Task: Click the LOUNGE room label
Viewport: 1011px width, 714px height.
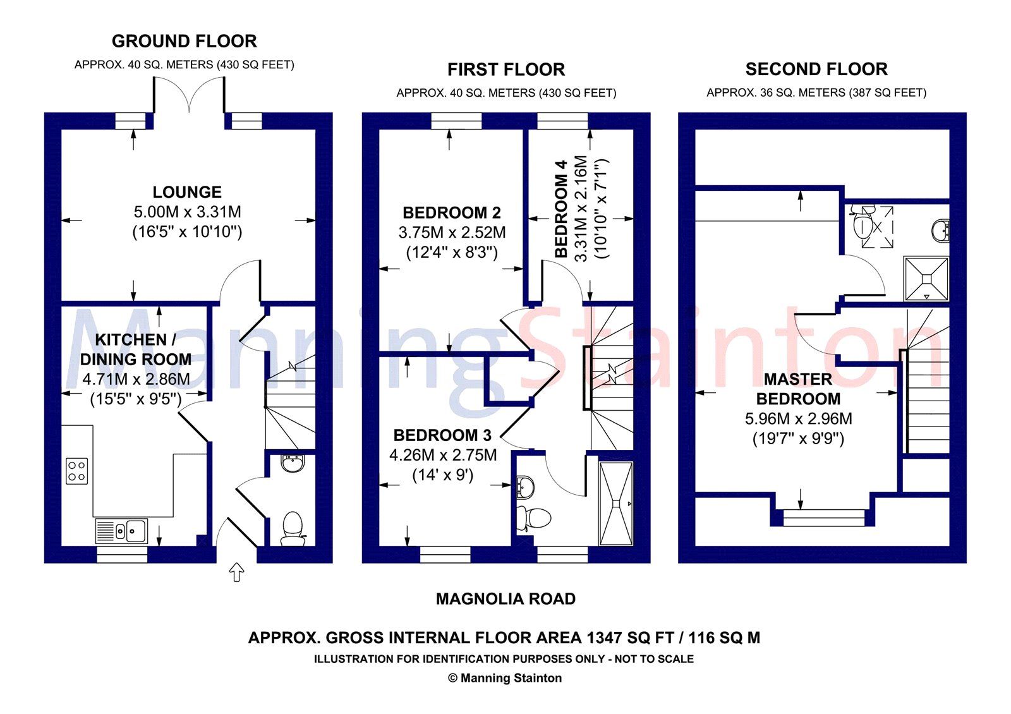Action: [187, 192]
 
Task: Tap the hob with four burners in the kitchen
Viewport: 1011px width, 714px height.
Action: [77, 471]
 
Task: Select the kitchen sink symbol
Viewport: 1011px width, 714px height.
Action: [122, 531]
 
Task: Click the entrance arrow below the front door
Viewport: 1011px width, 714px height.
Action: [236, 572]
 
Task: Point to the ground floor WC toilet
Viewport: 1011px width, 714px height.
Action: [293, 528]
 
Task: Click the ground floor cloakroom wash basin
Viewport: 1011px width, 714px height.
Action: [293, 464]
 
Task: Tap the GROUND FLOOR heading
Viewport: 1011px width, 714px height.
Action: [184, 41]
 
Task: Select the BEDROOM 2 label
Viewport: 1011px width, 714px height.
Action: [452, 212]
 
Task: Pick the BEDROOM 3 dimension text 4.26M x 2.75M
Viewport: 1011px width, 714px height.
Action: [443, 455]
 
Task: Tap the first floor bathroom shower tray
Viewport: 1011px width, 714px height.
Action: [615, 503]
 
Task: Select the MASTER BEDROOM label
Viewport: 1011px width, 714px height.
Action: [798, 389]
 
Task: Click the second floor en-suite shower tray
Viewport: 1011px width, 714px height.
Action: [926, 278]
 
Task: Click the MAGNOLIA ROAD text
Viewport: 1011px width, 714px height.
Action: [505, 599]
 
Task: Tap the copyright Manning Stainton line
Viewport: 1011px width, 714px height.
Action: [504, 678]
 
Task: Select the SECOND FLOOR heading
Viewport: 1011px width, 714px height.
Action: [816, 69]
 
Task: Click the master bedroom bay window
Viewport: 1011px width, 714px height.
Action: [823, 517]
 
